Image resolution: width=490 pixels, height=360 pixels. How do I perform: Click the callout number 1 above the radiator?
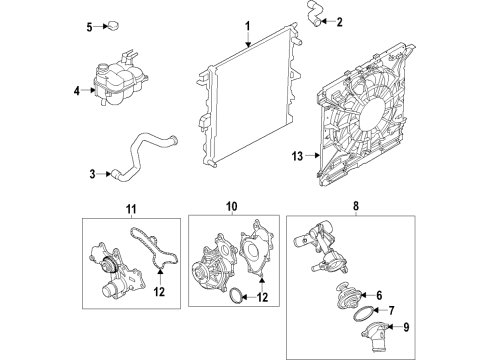[x=248, y=23]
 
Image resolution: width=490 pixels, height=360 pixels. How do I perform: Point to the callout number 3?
[x=93, y=175]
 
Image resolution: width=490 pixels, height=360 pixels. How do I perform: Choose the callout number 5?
[x=89, y=26]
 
